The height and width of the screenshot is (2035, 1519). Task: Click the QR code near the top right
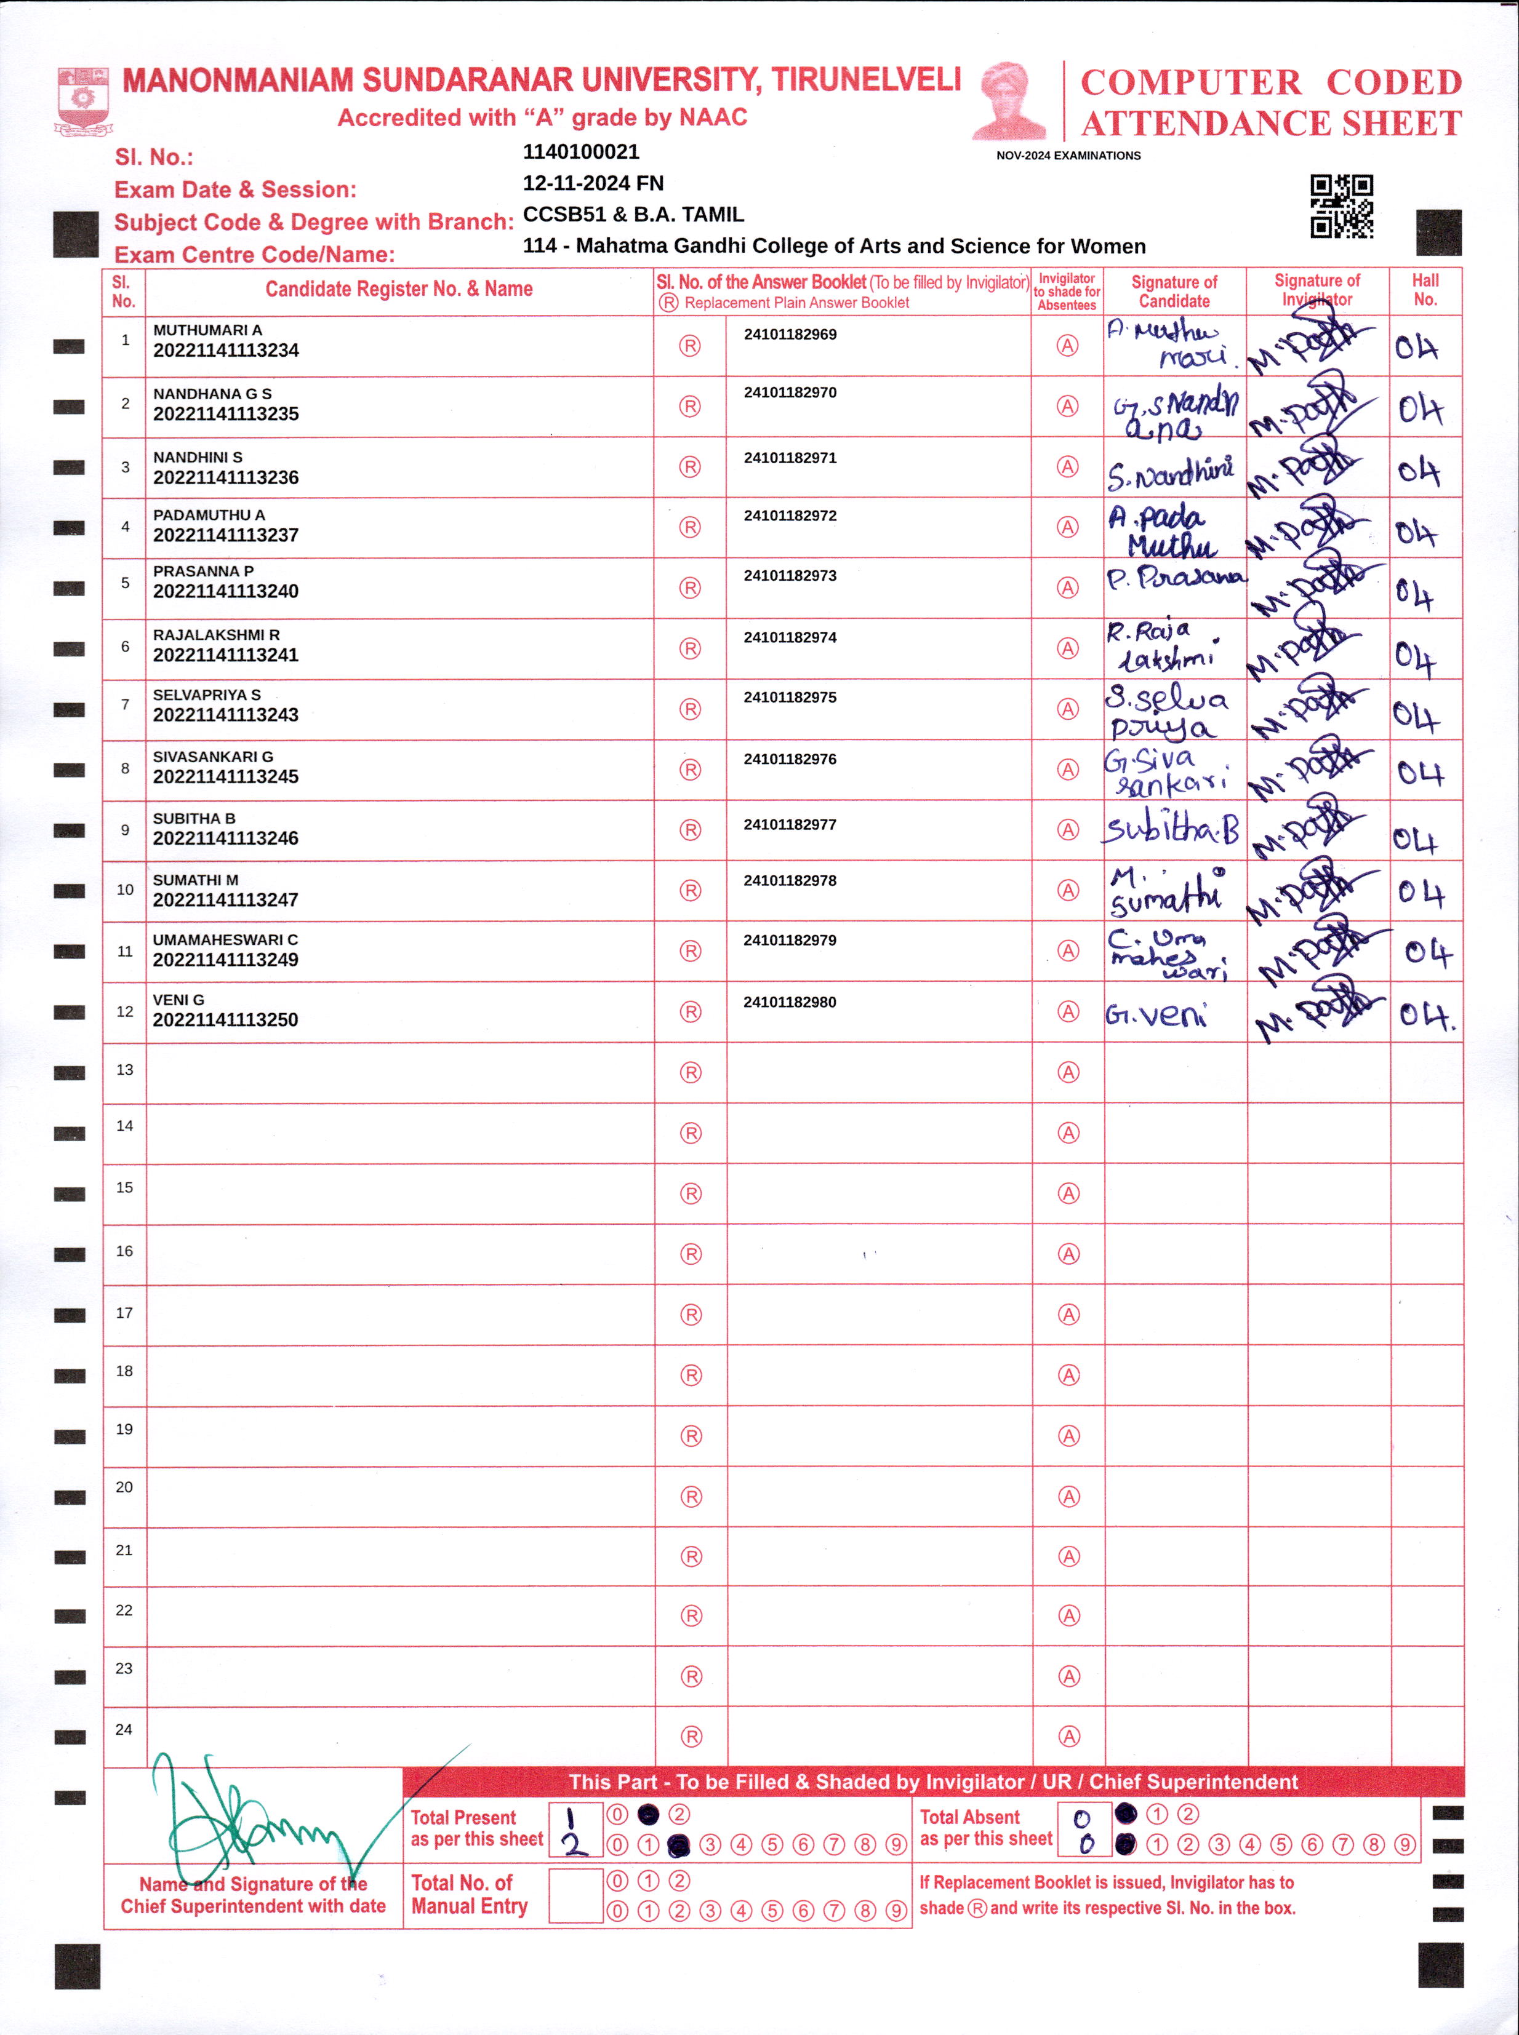(1342, 207)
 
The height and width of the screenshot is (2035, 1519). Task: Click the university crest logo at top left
(82, 100)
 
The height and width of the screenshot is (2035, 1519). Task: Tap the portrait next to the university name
(1009, 101)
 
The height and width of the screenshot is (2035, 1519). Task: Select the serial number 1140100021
(580, 152)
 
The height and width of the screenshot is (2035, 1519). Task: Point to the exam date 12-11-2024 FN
(593, 183)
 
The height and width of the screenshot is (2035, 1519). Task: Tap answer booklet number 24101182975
(790, 698)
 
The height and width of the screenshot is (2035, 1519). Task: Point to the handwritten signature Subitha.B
(1171, 829)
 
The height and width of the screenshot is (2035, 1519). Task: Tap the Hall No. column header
(1425, 290)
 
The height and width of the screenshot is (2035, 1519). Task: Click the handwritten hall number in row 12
(1426, 1015)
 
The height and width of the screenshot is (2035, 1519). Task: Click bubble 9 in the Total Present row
(897, 1845)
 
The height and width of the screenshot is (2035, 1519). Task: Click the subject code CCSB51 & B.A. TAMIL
(633, 214)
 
